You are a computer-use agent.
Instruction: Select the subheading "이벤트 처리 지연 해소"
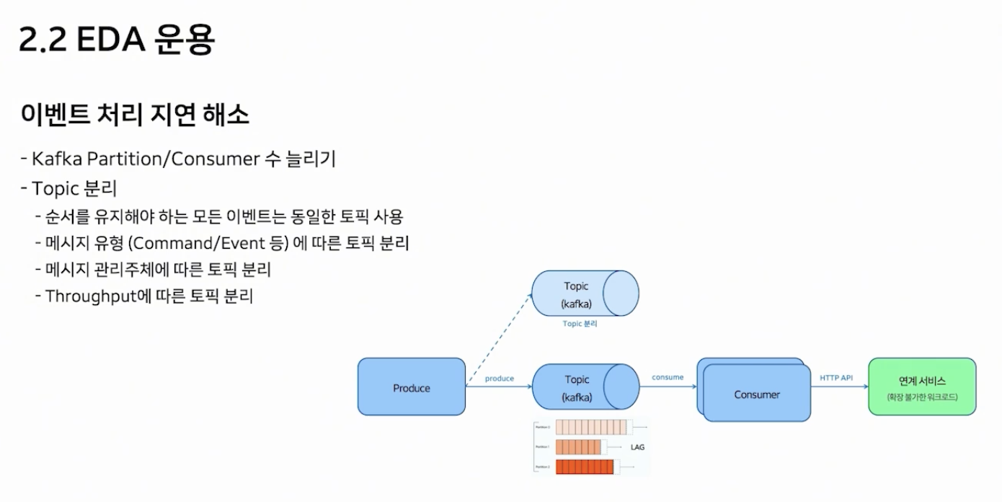136,115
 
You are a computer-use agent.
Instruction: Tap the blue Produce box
412,387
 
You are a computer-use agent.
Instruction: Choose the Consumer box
757,394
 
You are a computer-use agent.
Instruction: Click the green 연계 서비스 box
922,387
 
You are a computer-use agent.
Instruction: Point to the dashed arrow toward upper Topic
498,340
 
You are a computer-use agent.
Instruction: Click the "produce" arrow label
499,378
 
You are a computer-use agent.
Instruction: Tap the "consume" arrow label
668,377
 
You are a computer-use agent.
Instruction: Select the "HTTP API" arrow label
836,377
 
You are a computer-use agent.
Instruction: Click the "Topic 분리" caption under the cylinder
580,324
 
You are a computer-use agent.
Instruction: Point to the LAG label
637,447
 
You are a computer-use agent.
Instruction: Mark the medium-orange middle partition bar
578,447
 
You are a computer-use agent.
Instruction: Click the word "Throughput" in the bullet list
91,296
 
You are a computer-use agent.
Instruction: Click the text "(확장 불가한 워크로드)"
922,397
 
